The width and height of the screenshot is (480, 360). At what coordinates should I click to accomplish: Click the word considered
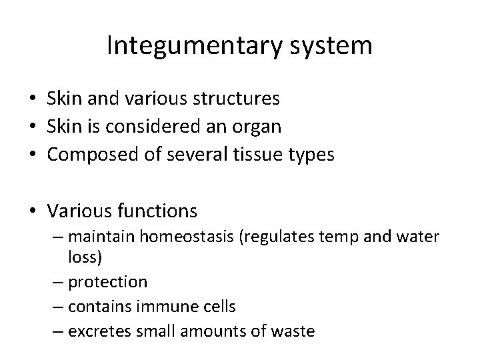(x=147, y=125)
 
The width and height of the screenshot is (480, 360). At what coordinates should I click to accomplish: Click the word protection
(x=108, y=283)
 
